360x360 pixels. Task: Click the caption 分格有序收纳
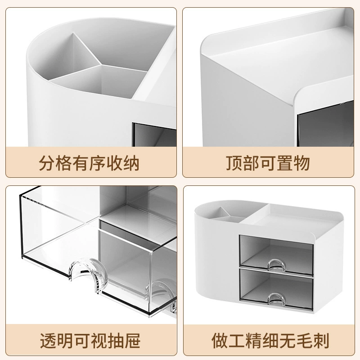point(89,163)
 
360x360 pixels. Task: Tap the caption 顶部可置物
point(268,163)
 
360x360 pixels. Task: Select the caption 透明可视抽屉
point(90,341)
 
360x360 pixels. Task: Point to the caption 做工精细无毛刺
point(270,341)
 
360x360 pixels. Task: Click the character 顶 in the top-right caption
point(234,163)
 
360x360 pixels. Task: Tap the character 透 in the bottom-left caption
point(48,341)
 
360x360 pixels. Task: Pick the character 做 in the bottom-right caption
point(220,341)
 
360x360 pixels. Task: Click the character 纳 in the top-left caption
point(131,163)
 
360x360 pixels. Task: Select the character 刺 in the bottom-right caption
point(321,341)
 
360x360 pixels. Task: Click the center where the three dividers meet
point(101,65)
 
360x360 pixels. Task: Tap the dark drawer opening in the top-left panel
point(154,135)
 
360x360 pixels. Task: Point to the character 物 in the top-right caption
point(302,163)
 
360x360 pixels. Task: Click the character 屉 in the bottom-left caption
point(132,341)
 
